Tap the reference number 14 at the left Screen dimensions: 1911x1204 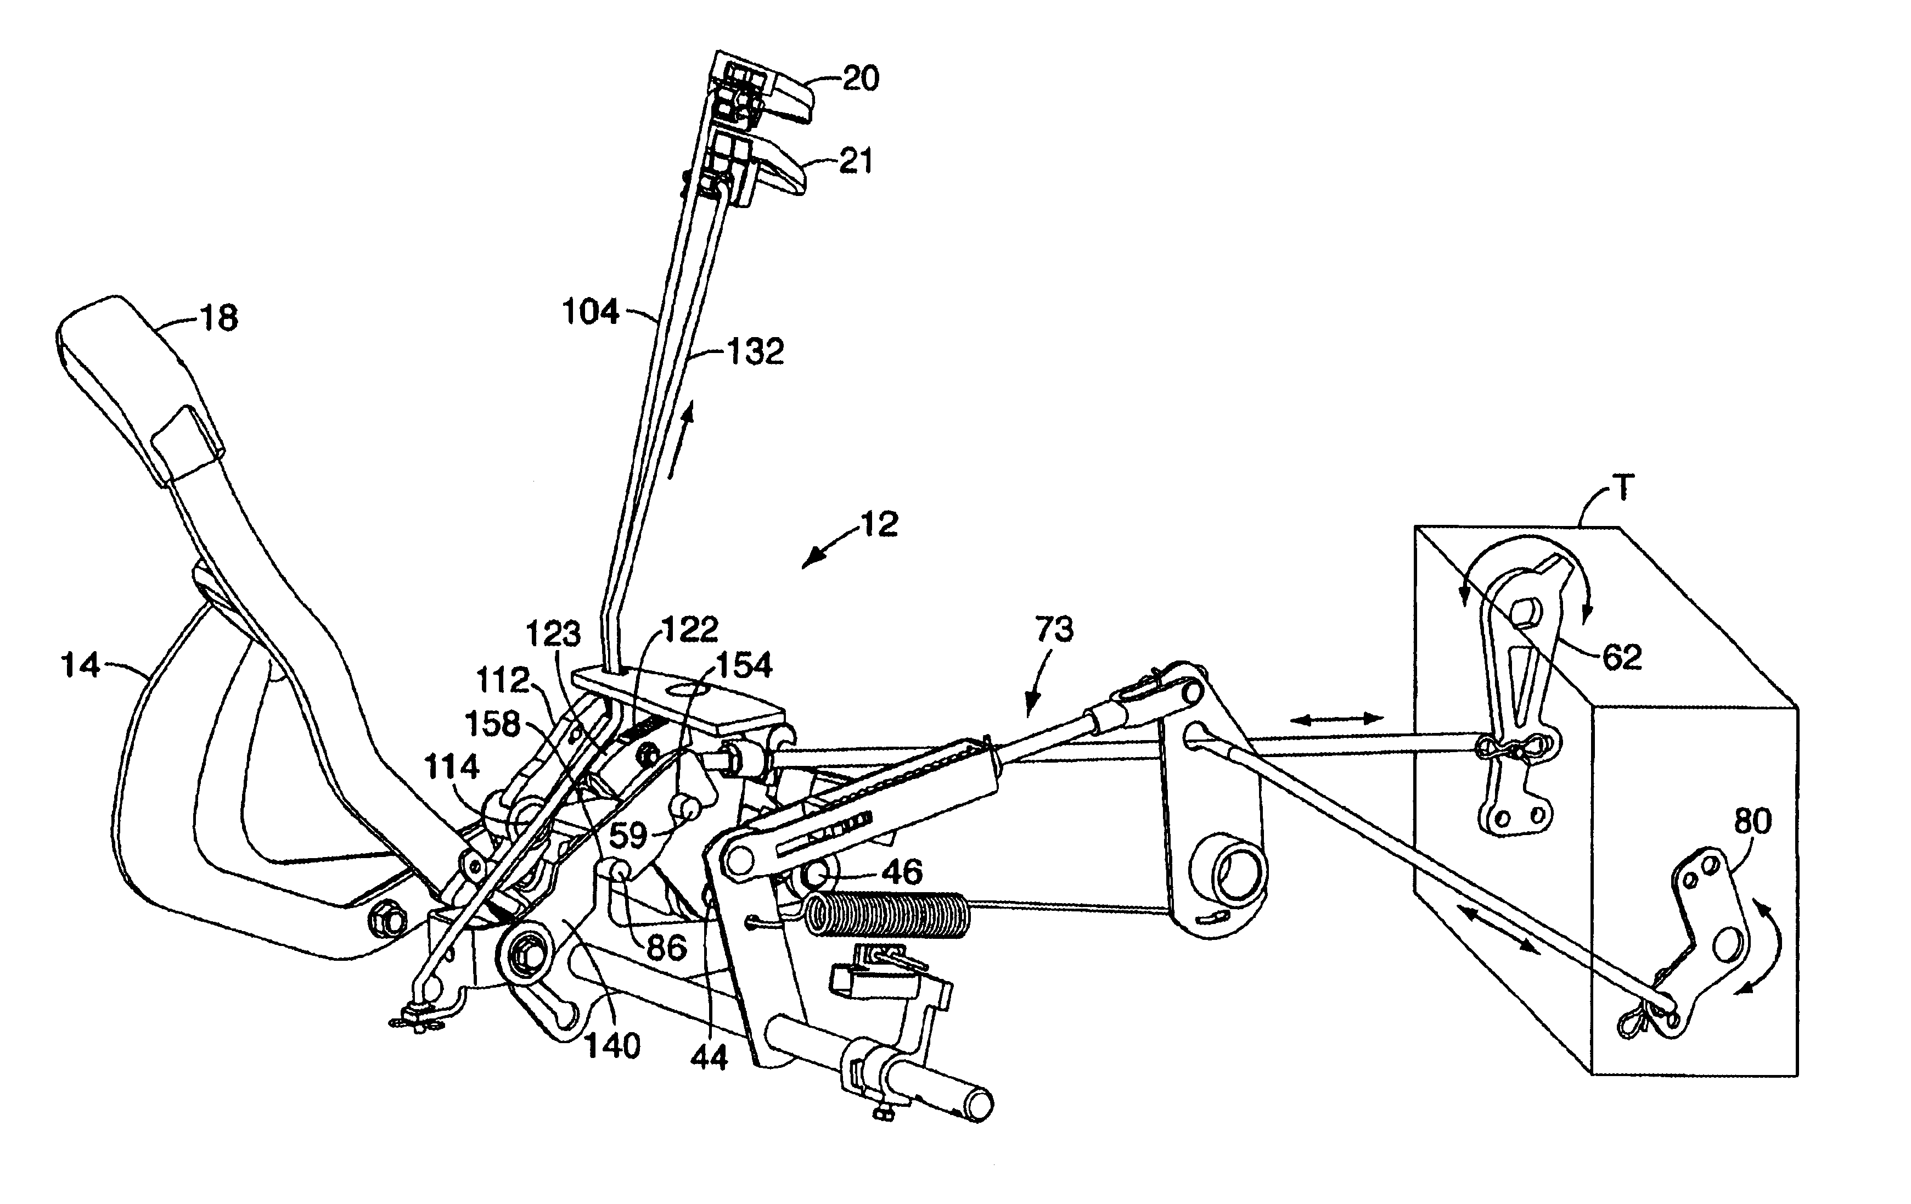coord(81,665)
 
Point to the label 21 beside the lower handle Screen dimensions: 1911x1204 coord(856,161)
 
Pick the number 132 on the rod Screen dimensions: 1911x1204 coord(755,351)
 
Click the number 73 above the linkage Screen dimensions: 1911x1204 coord(1054,629)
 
